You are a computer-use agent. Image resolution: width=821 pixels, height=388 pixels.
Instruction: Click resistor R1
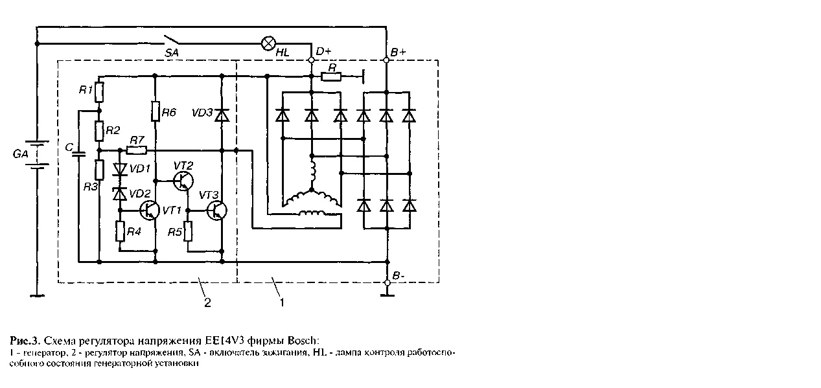99,92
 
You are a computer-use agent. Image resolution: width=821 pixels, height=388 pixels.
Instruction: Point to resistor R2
99,131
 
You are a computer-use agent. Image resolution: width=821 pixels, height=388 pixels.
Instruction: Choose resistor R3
99,170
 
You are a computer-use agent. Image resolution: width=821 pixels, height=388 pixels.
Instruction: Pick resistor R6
156,111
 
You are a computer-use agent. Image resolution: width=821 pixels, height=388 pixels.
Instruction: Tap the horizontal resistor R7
137,150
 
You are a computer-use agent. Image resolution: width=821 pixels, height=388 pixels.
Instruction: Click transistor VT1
151,210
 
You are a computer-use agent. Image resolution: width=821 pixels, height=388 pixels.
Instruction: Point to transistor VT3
217,210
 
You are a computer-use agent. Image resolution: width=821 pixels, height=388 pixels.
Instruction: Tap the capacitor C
78,154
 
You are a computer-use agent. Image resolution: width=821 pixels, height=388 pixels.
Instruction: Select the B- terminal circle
387,282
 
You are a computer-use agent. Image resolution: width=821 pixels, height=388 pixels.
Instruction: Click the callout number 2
207,302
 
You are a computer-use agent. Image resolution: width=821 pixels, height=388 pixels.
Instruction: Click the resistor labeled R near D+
332,77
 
